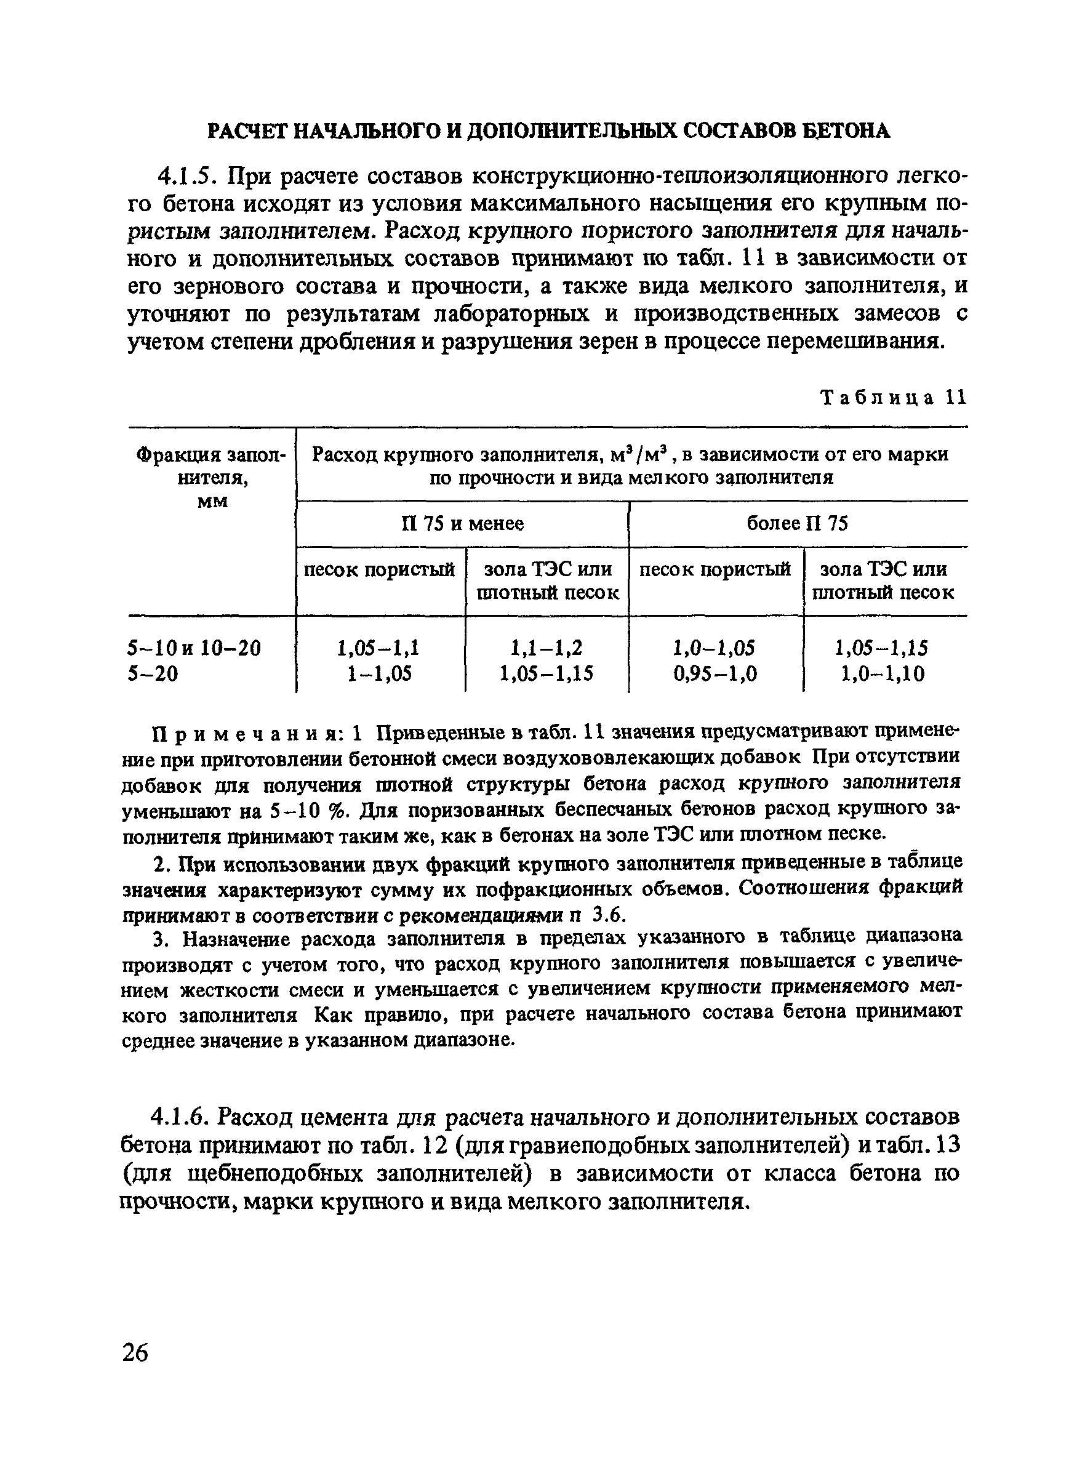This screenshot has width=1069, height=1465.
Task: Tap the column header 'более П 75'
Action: [x=797, y=523]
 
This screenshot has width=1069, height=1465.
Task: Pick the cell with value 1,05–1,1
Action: [x=378, y=647]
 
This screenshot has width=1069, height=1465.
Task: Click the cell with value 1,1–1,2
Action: [x=546, y=647]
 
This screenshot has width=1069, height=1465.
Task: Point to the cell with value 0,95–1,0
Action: [x=715, y=674]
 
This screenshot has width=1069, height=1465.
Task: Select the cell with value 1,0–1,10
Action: [x=883, y=674]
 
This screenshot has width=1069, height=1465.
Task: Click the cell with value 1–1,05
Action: [x=378, y=674]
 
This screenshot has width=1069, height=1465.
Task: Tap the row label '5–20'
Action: [x=153, y=674]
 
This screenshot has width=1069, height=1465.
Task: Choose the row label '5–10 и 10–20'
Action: [x=194, y=647]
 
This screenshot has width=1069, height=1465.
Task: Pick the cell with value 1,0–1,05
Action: [x=715, y=647]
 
